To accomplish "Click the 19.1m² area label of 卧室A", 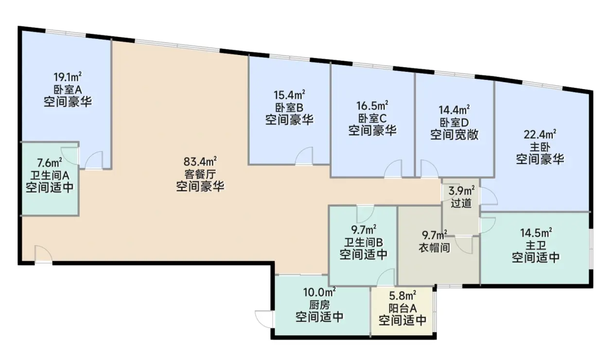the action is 68,77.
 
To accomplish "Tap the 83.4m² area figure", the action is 200,162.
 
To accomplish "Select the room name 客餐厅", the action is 200,174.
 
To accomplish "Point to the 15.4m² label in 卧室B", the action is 289,95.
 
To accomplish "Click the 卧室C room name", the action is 372,118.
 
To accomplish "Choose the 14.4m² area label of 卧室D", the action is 454,109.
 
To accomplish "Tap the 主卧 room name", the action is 540,147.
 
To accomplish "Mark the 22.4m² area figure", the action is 540,134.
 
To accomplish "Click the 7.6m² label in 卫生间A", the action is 49,162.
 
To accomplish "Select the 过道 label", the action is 461,203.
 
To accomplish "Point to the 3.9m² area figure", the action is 461,191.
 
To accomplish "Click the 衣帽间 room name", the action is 435,248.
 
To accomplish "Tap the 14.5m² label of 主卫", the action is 536,233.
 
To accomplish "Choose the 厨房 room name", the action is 320,305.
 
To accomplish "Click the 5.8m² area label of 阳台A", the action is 403,295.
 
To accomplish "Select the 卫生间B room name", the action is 364,242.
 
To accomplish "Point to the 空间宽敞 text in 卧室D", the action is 454,135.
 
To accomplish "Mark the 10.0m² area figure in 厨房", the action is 320,292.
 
